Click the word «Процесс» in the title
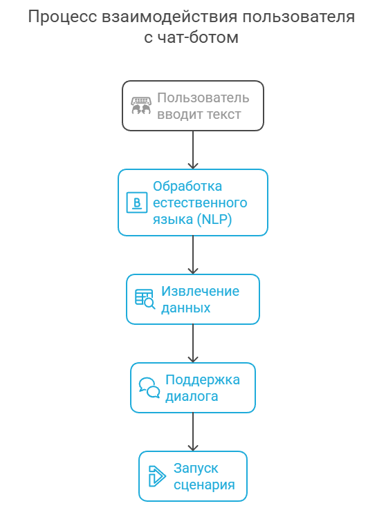pyautogui.click(x=62, y=17)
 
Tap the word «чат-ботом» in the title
pyautogui.click(x=198, y=37)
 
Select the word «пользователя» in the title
pyautogui.click(x=299, y=17)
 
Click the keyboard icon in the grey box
pyautogui.click(x=141, y=106)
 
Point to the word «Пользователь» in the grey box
pyautogui.click(x=203, y=98)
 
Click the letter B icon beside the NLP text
pyautogui.click(x=137, y=203)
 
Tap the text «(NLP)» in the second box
pyautogui.click(x=214, y=219)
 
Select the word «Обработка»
pyautogui.click(x=187, y=187)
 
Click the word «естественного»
pyautogui.click(x=200, y=203)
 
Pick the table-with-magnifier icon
pyautogui.click(x=145, y=299)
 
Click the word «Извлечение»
pyautogui.click(x=200, y=291)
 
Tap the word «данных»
pyautogui.click(x=186, y=308)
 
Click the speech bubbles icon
pyautogui.click(x=149, y=388)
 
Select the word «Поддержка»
pyautogui.click(x=203, y=379)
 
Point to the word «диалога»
pyautogui.click(x=192, y=396)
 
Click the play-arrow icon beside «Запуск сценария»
pyautogui.click(x=157, y=476)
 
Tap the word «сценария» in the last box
pyautogui.click(x=204, y=485)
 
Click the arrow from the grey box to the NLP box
pyautogui.click(x=193, y=150)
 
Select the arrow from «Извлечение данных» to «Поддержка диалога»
pyautogui.click(x=193, y=344)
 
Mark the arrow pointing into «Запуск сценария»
pyautogui.click(x=193, y=432)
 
